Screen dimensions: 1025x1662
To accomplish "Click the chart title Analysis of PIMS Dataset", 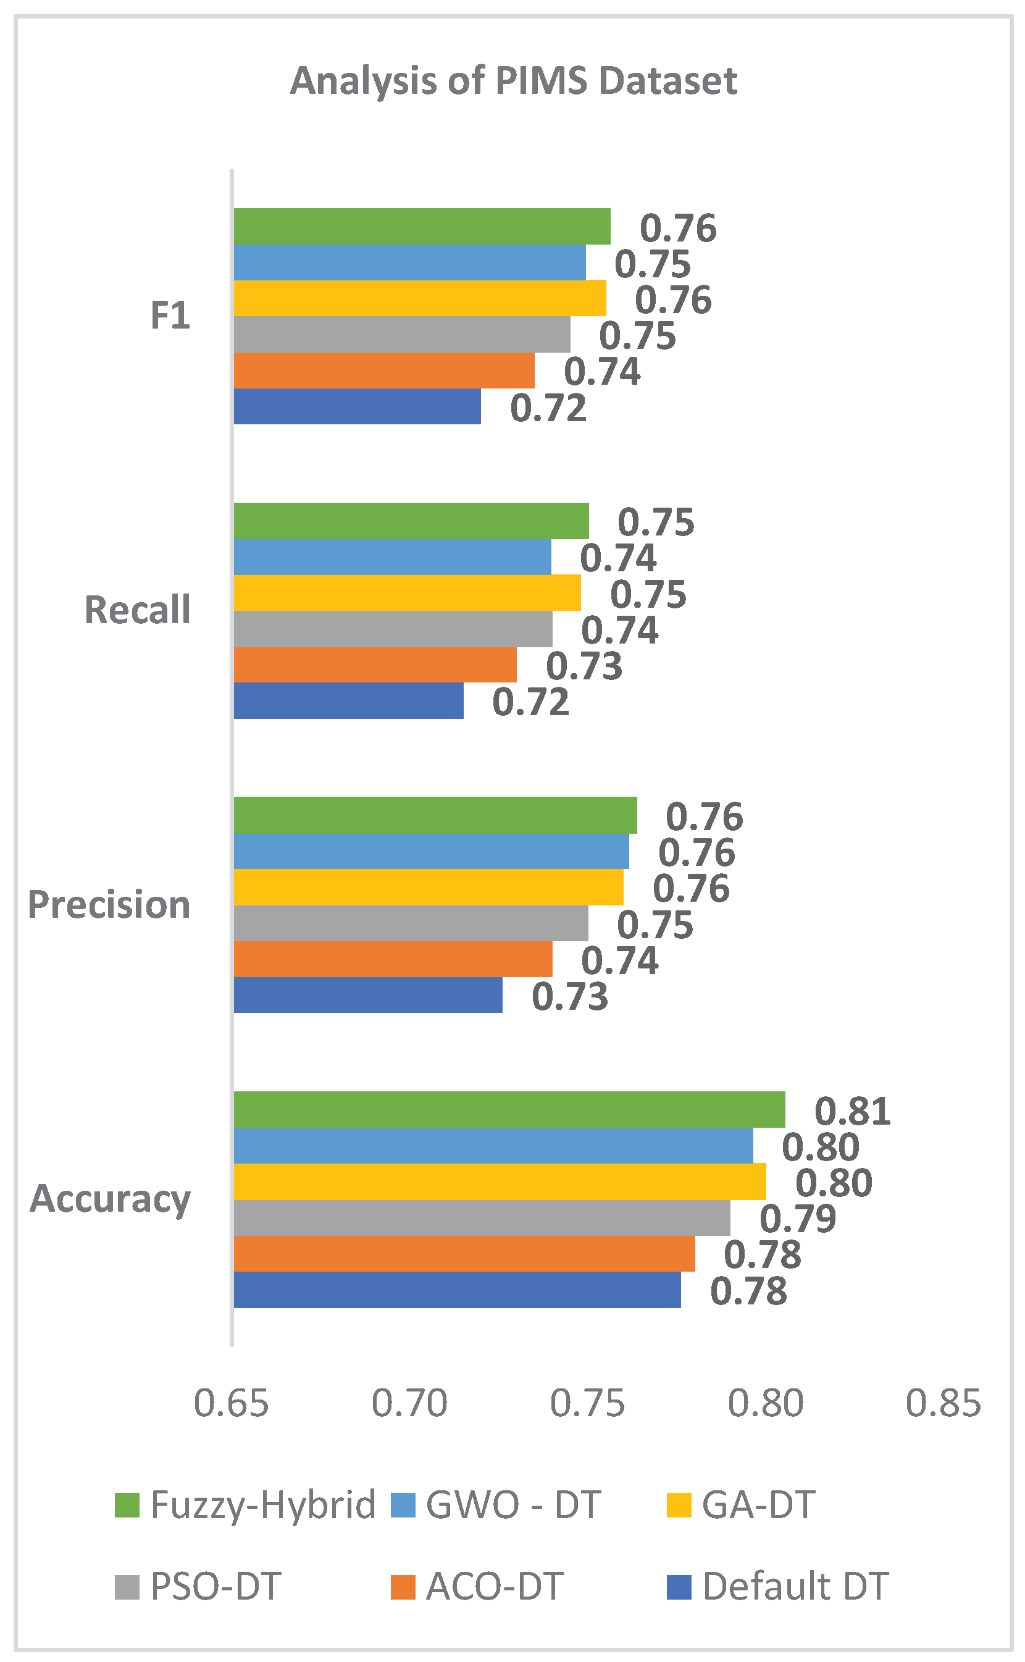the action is (513, 81).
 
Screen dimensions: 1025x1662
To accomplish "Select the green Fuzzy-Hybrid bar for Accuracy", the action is (510, 1109).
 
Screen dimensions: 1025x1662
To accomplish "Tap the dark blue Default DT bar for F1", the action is (358, 406).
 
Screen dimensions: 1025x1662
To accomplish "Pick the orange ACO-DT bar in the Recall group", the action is (375, 665).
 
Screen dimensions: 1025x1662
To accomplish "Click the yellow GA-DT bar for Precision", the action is (429, 887).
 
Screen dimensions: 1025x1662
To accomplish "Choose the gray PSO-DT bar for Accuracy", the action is (482, 1218).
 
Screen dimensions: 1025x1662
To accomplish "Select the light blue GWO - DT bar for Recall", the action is (393, 557).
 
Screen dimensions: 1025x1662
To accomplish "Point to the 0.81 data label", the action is (852, 1111).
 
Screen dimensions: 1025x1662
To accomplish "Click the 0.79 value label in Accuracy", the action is (798, 1219).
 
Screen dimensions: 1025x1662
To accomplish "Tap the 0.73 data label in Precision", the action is (570, 997).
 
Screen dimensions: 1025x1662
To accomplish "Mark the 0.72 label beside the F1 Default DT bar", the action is (548, 408).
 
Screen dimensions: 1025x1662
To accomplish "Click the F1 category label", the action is (170, 316).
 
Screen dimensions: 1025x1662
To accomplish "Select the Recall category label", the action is (138, 610).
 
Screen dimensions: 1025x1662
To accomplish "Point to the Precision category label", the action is (109, 905).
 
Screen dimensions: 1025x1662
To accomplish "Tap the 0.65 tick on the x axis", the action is (231, 1404).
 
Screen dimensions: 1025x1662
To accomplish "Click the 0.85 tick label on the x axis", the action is (943, 1404).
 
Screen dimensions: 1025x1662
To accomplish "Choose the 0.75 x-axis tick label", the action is (587, 1404).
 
